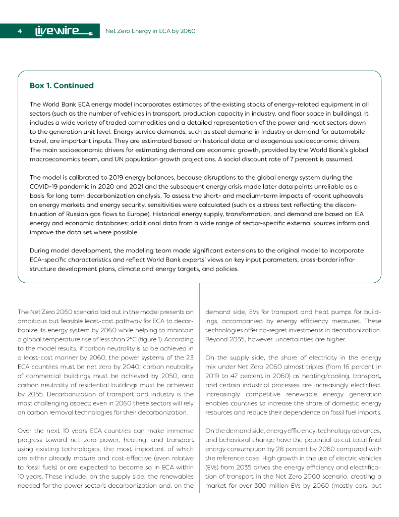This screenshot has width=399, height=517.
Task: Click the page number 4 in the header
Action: [x=19, y=31]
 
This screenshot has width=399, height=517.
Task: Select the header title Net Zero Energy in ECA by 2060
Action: [x=150, y=31]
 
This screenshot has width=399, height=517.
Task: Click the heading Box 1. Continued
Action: [x=62, y=86]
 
